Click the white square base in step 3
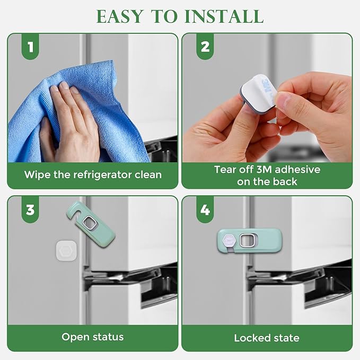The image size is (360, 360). pyautogui.click(x=67, y=249)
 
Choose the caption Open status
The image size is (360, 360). pyautogui.click(x=92, y=337)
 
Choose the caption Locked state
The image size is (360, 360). pyautogui.click(x=267, y=338)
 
